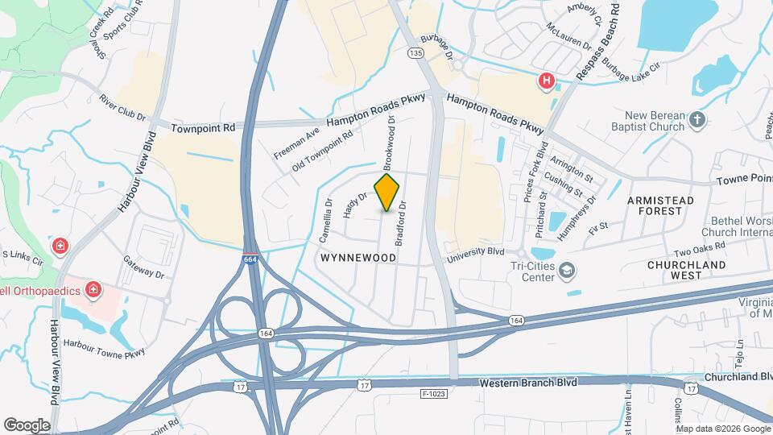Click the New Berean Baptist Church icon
697,121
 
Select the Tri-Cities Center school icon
568,270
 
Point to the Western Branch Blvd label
528,383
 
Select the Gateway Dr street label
144,267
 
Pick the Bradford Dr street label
399,224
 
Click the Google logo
27,425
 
